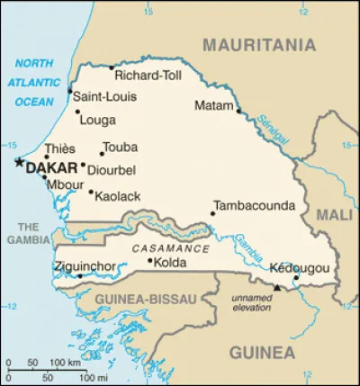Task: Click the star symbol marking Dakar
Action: point(18,162)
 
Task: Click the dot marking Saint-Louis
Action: point(69,91)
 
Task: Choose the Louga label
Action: point(97,119)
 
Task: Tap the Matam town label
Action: point(213,106)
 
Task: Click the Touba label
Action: point(121,148)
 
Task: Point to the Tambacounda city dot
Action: point(212,213)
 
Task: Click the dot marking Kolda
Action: point(149,261)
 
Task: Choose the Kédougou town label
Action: point(299,268)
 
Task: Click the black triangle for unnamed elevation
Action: point(277,288)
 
